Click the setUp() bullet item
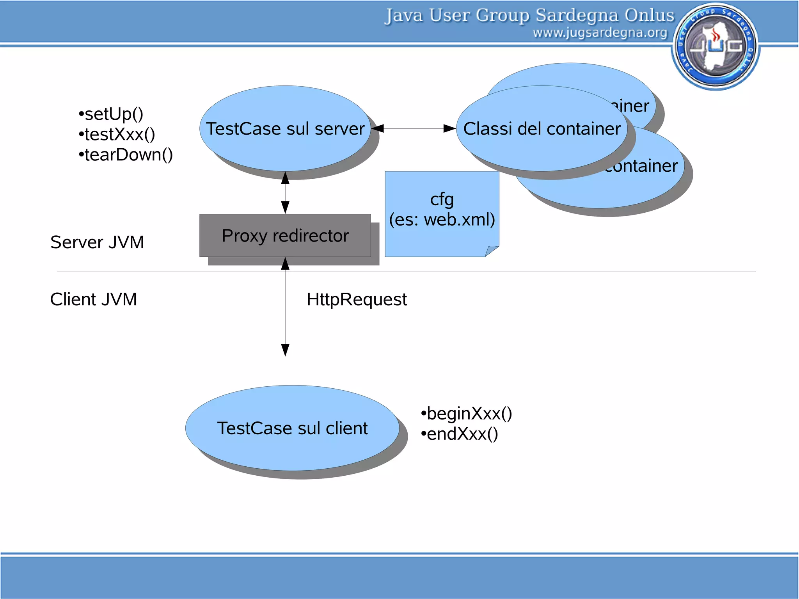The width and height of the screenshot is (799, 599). tap(111, 114)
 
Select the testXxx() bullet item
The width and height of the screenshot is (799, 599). tap(117, 135)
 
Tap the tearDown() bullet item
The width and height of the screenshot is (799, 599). tap(126, 155)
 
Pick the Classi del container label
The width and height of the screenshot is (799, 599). tap(542, 129)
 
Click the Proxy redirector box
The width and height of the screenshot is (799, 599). tap(285, 236)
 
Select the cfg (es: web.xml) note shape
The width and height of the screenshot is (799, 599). tap(442, 211)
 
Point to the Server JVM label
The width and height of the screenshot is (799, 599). tap(97, 242)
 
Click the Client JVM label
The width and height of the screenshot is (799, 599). tap(94, 299)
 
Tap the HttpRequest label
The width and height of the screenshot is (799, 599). tap(357, 300)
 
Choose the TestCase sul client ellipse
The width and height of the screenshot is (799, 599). tap(292, 428)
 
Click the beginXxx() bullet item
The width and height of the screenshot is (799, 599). tap(467, 414)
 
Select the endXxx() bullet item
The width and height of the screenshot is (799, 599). tap(460, 434)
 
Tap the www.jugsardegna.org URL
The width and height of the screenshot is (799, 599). tap(600, 33)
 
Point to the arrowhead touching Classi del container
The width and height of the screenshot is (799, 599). tap(450, 129)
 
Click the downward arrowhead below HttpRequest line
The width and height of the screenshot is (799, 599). tap(285, 350)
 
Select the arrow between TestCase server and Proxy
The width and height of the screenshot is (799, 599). tap(285, 193)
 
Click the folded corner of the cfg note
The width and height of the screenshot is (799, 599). tap(492, 251)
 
